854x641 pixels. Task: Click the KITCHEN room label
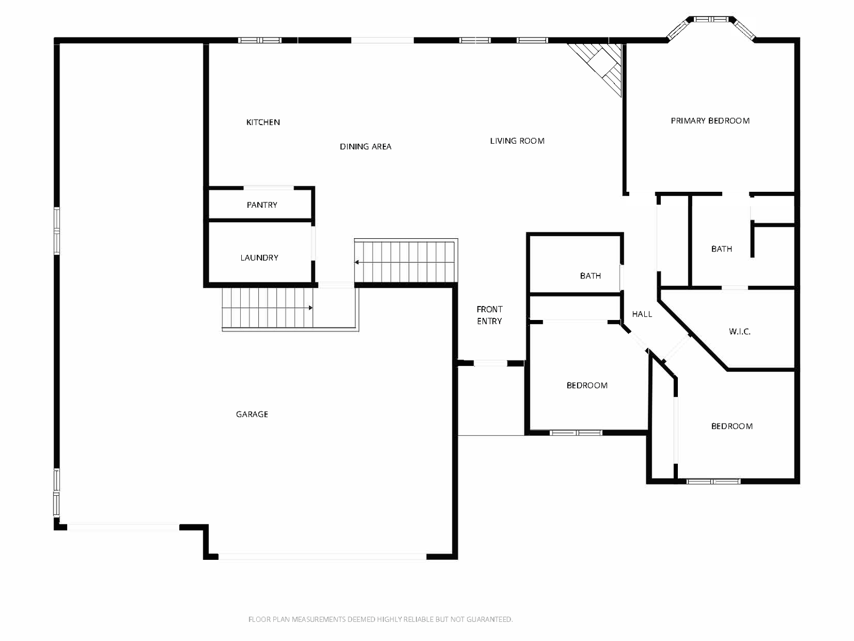click(263, 122)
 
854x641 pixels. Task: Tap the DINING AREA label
click(365, 147)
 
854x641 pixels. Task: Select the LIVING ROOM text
click(517, 141)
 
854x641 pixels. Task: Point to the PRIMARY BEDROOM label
click(710, 121)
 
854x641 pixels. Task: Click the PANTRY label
click(262, 205)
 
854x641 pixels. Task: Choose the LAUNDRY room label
click(259, 257)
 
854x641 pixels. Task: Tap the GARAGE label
click(252, 414)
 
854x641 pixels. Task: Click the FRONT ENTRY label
click(489, 315)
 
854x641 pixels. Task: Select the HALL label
click(642, 314)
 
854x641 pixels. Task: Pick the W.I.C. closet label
click(740, 332)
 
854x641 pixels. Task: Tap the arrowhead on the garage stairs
click(311, 308)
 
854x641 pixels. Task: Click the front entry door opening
click(490, 364)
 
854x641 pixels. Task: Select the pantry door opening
click(268, 188)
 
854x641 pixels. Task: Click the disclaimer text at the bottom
click(381, 619)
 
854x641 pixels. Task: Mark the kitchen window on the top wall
click(259, 40)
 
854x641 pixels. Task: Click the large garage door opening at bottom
click(322, 557)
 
